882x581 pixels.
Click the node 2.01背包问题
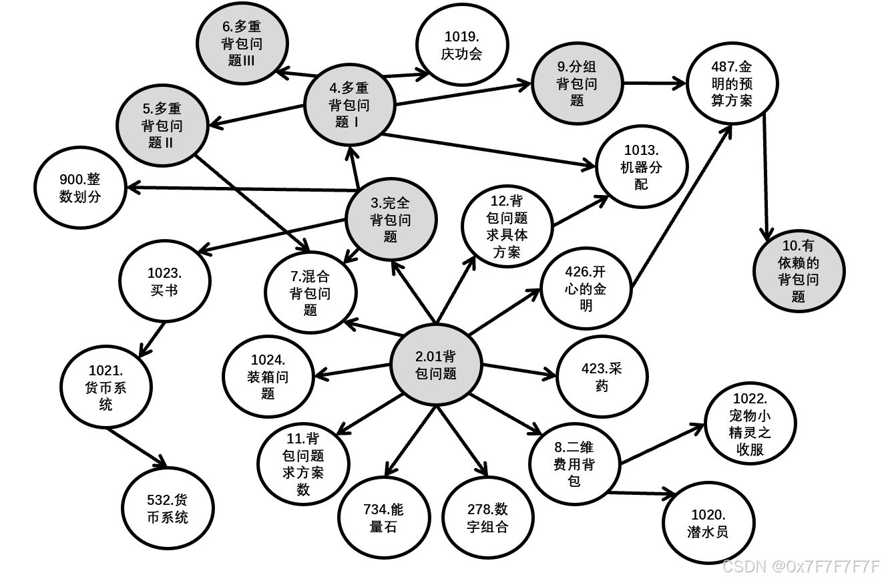(x=436, y=365)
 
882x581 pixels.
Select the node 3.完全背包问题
(x=391, y=220)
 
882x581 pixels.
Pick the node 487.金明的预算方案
(x=732, y=83)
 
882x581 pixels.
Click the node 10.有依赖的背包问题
(x=798, y=270)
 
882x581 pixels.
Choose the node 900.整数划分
(x=80, y=188)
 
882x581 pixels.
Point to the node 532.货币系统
(x=168, y=509)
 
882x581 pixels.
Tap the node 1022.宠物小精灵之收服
(x=750, y=424)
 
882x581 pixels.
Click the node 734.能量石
(x=383, y=518)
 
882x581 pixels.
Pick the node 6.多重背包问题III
(x=242, y=43)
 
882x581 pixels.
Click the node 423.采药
(x=602, y=377)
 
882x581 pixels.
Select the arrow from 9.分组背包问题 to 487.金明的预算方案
(x=654, y=83)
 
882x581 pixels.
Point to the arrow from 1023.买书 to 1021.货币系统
(x=152, y=340)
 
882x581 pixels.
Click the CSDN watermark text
(x=801, y=566)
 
